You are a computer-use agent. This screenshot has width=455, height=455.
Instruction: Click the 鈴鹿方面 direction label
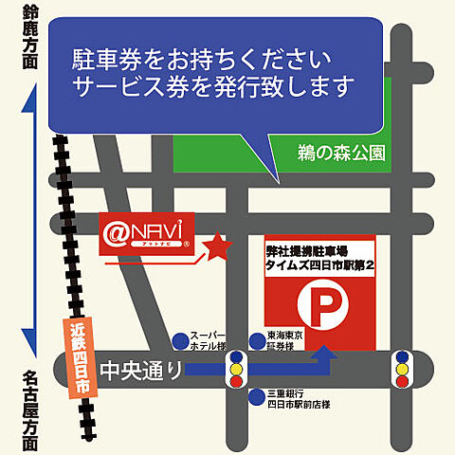pyautogui.click(x=31, y=35)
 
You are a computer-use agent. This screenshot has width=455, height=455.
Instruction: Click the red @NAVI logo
pyautogui.click(x=148, y=231)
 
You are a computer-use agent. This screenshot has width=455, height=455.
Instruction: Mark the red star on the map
pyautogui.click(x=219, y=247)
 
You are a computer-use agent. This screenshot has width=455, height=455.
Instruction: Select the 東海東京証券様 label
pyautogui.click(x=284, y=341)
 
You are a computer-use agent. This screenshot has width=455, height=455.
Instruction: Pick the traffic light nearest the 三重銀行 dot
pyautogui.click(x=233, y=370)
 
